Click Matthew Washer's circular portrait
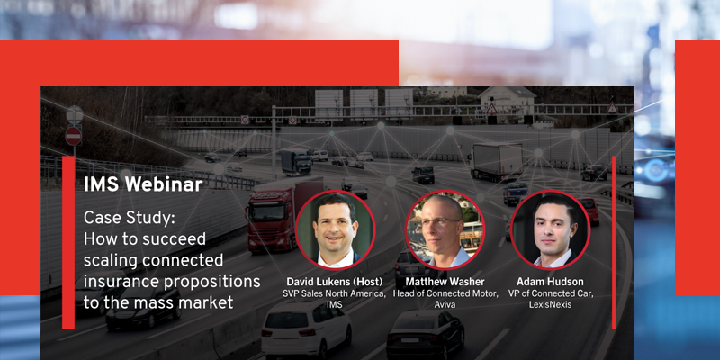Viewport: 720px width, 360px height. tap(445, 230)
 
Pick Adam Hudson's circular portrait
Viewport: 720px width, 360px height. tap(549, 230)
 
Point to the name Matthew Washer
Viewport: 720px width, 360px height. tap(445, 283)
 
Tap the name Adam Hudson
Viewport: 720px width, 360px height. tap(549, 283)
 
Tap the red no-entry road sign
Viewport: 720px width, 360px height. tap(74, 136)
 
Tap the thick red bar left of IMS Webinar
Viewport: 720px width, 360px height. tap(68, 243)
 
